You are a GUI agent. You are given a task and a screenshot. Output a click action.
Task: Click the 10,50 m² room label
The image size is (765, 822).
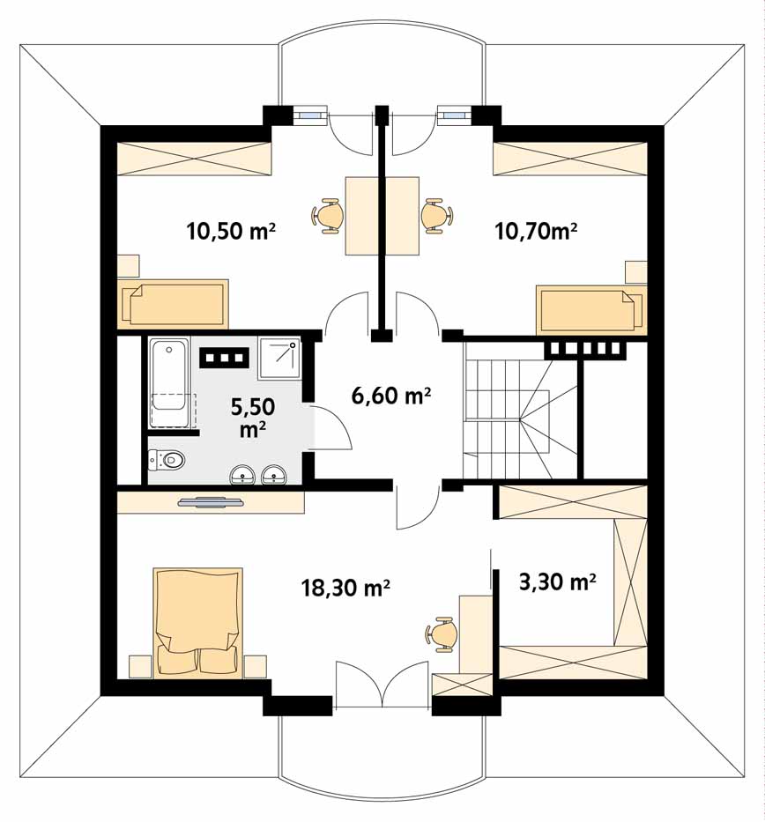pos(231,231)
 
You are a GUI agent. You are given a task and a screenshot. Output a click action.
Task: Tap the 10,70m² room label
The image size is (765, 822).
pos(537,231)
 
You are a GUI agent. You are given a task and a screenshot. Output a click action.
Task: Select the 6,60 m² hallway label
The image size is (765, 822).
pos(391,396)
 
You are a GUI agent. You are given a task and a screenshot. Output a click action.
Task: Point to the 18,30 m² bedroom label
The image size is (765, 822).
pos(345,588)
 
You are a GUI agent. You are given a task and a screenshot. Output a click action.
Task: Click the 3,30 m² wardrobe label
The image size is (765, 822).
pos(557,581)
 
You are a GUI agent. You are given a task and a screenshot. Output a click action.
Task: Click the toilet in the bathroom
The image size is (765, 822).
pos(167,460)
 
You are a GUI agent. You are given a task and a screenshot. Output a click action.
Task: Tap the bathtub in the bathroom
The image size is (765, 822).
pos(167,382)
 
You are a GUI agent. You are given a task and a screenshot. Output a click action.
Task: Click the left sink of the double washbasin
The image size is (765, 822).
pos(242,474)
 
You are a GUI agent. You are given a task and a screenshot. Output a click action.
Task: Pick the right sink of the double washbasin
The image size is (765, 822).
pos(274,474)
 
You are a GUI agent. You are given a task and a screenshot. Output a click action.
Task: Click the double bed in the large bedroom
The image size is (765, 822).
pos(198,622)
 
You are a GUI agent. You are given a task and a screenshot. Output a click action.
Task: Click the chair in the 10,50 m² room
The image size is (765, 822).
pos(328,216)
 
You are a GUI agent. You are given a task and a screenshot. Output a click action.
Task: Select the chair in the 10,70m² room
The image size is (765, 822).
pos(436,216)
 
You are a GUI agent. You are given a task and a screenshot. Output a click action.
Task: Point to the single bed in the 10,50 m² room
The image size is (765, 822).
pos(173,304)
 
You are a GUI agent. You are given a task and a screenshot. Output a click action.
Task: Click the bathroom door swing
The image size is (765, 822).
pos(332,428)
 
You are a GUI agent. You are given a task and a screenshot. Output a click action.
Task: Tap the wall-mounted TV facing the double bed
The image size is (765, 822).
pos(211,502)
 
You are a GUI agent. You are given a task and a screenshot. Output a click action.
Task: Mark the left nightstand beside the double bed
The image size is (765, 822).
pos(140,667)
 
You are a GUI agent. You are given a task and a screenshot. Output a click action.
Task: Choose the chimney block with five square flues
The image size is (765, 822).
pos(585,348)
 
